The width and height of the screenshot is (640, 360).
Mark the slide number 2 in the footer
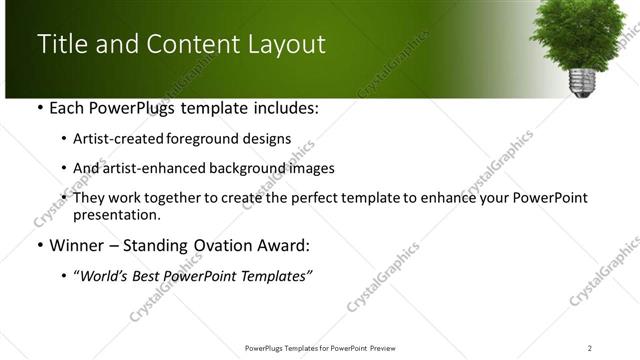pos(589,348)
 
